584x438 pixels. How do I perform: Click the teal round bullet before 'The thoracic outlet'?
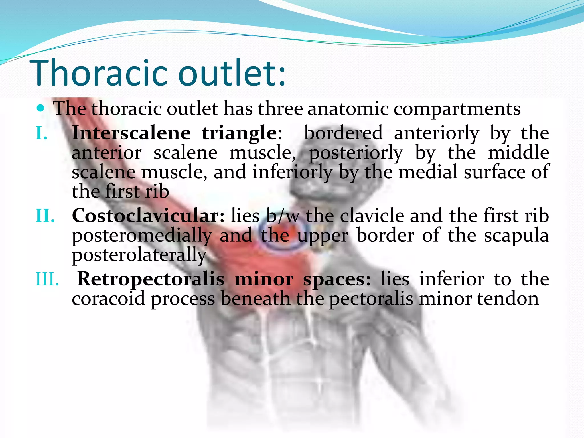(x=41, y=108)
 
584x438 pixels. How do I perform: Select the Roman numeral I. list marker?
(x=42, y=133)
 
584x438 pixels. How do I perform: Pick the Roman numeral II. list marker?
(x=45, y=216)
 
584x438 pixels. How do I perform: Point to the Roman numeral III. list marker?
(x=47, y=279)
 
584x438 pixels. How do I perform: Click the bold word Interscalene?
(x=131, y=133)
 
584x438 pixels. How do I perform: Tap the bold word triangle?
(x=239, y=133)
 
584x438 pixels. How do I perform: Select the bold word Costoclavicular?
(x=148, y=216)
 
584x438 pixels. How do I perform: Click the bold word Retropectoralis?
(x=151, y=279)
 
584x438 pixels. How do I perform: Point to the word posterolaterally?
(x=139, y=255)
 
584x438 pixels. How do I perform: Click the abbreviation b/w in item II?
(x=283, y=216)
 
